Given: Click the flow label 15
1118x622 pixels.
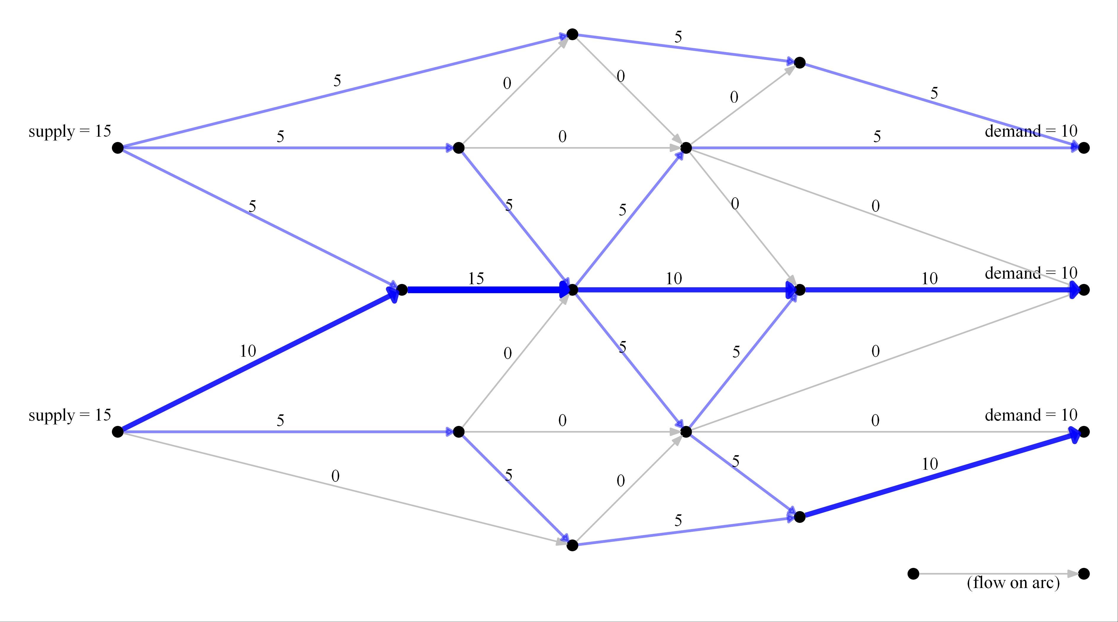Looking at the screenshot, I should point(476,279).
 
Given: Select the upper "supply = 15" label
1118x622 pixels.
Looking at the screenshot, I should point(70,131).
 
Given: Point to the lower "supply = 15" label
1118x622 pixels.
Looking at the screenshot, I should point(70,415).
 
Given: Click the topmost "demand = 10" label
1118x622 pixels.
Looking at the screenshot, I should point(1031,131).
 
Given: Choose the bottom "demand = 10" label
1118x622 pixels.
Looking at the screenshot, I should point(1031,415).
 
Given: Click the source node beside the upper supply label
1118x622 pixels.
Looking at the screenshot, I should point(118,148).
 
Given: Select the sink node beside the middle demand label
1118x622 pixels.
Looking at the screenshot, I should point(1084,290).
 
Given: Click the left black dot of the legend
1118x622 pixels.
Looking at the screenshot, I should point(913,574).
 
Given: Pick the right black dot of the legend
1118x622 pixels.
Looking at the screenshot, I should point(1084,574).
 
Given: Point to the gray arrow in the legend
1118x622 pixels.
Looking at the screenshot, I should point(998,574).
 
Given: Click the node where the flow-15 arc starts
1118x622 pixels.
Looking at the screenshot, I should point(402,290).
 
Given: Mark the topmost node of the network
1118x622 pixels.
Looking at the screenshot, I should point(572,34).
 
